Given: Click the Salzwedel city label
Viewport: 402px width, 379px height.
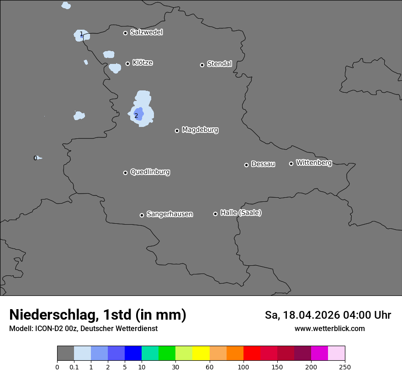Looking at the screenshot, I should tap(146, 32).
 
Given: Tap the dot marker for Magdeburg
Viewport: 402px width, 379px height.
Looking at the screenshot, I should tap(177, 131).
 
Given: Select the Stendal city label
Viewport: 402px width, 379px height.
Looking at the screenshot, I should tap(219, 64).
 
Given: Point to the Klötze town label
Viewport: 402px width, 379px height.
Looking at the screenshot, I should tap(143, 63).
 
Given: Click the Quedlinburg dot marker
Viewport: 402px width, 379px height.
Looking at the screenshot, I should tap(125, 173).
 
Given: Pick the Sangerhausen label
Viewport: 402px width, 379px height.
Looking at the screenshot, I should tap(169, 214).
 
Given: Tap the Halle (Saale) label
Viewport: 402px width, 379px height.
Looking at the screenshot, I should tap(241, 213).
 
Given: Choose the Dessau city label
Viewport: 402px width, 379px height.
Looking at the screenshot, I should tap(263, 164).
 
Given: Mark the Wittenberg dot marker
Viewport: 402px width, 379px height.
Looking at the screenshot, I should tap(291, 163).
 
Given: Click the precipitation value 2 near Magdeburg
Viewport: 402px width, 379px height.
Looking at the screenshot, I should tap(136, 116).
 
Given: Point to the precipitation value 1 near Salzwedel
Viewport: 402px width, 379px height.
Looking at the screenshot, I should tap(81, 34).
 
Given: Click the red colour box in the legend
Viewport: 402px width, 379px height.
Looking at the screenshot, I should tap(252, 353).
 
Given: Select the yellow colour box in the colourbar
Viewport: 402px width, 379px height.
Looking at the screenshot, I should tap(201, 353).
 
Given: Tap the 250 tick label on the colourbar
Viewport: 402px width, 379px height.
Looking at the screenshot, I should tap(345, 367).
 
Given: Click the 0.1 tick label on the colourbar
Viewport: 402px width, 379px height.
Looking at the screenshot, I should tap(74, 367).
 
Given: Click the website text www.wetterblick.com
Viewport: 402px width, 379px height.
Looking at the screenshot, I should tap(330, 329).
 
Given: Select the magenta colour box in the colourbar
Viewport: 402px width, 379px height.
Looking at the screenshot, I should tap(319, 353).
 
